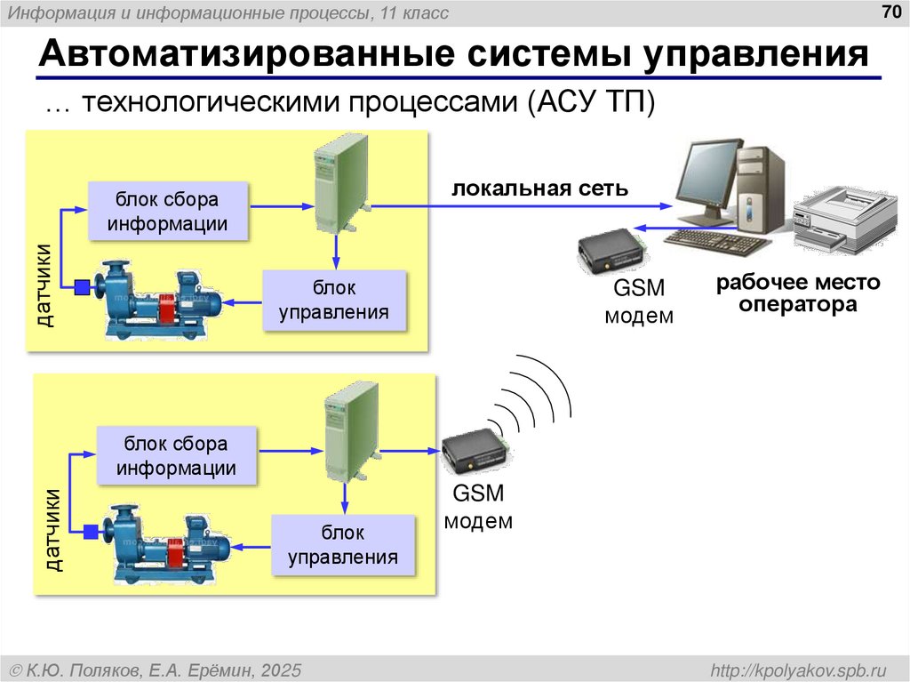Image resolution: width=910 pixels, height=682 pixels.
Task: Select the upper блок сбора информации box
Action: tap(167, 212)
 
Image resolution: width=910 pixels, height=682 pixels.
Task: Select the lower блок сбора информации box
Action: tap(176, 455)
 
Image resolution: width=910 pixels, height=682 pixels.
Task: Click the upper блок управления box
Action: tap(334, 301)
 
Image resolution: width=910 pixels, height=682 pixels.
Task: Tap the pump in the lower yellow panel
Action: tap(169, 543)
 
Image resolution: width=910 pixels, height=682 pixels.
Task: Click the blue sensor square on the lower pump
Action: tap(90, 532)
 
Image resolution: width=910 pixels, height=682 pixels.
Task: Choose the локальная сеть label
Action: tap(540, 189)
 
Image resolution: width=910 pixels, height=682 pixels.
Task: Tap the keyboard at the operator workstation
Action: tap(715, 242)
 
